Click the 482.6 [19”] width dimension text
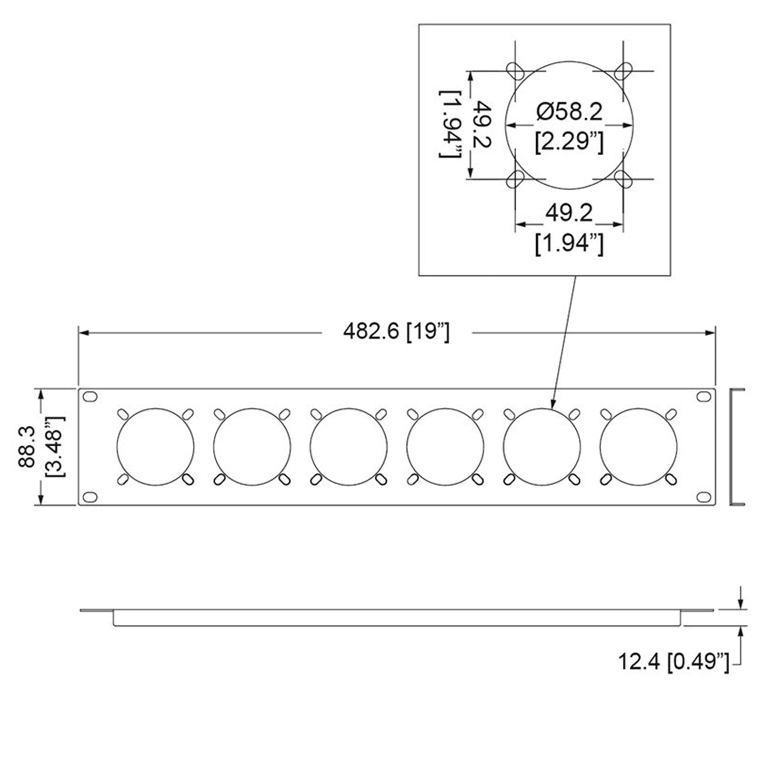tap(396, 332)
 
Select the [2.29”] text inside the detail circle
tap(569, 142)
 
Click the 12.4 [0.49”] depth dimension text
tap(673, 662)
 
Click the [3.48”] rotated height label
tap(55, 446)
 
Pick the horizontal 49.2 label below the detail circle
tap(569, 212)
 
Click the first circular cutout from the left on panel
tap(155, 447)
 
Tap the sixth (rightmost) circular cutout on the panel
tap(638, 447)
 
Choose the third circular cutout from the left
tap(348, 447)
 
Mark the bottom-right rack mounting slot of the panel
tap(702, 497)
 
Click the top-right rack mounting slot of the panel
tap(702, 396)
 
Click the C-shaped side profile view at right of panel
tap(736, 447)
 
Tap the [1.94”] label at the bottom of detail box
tap(569, 245)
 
